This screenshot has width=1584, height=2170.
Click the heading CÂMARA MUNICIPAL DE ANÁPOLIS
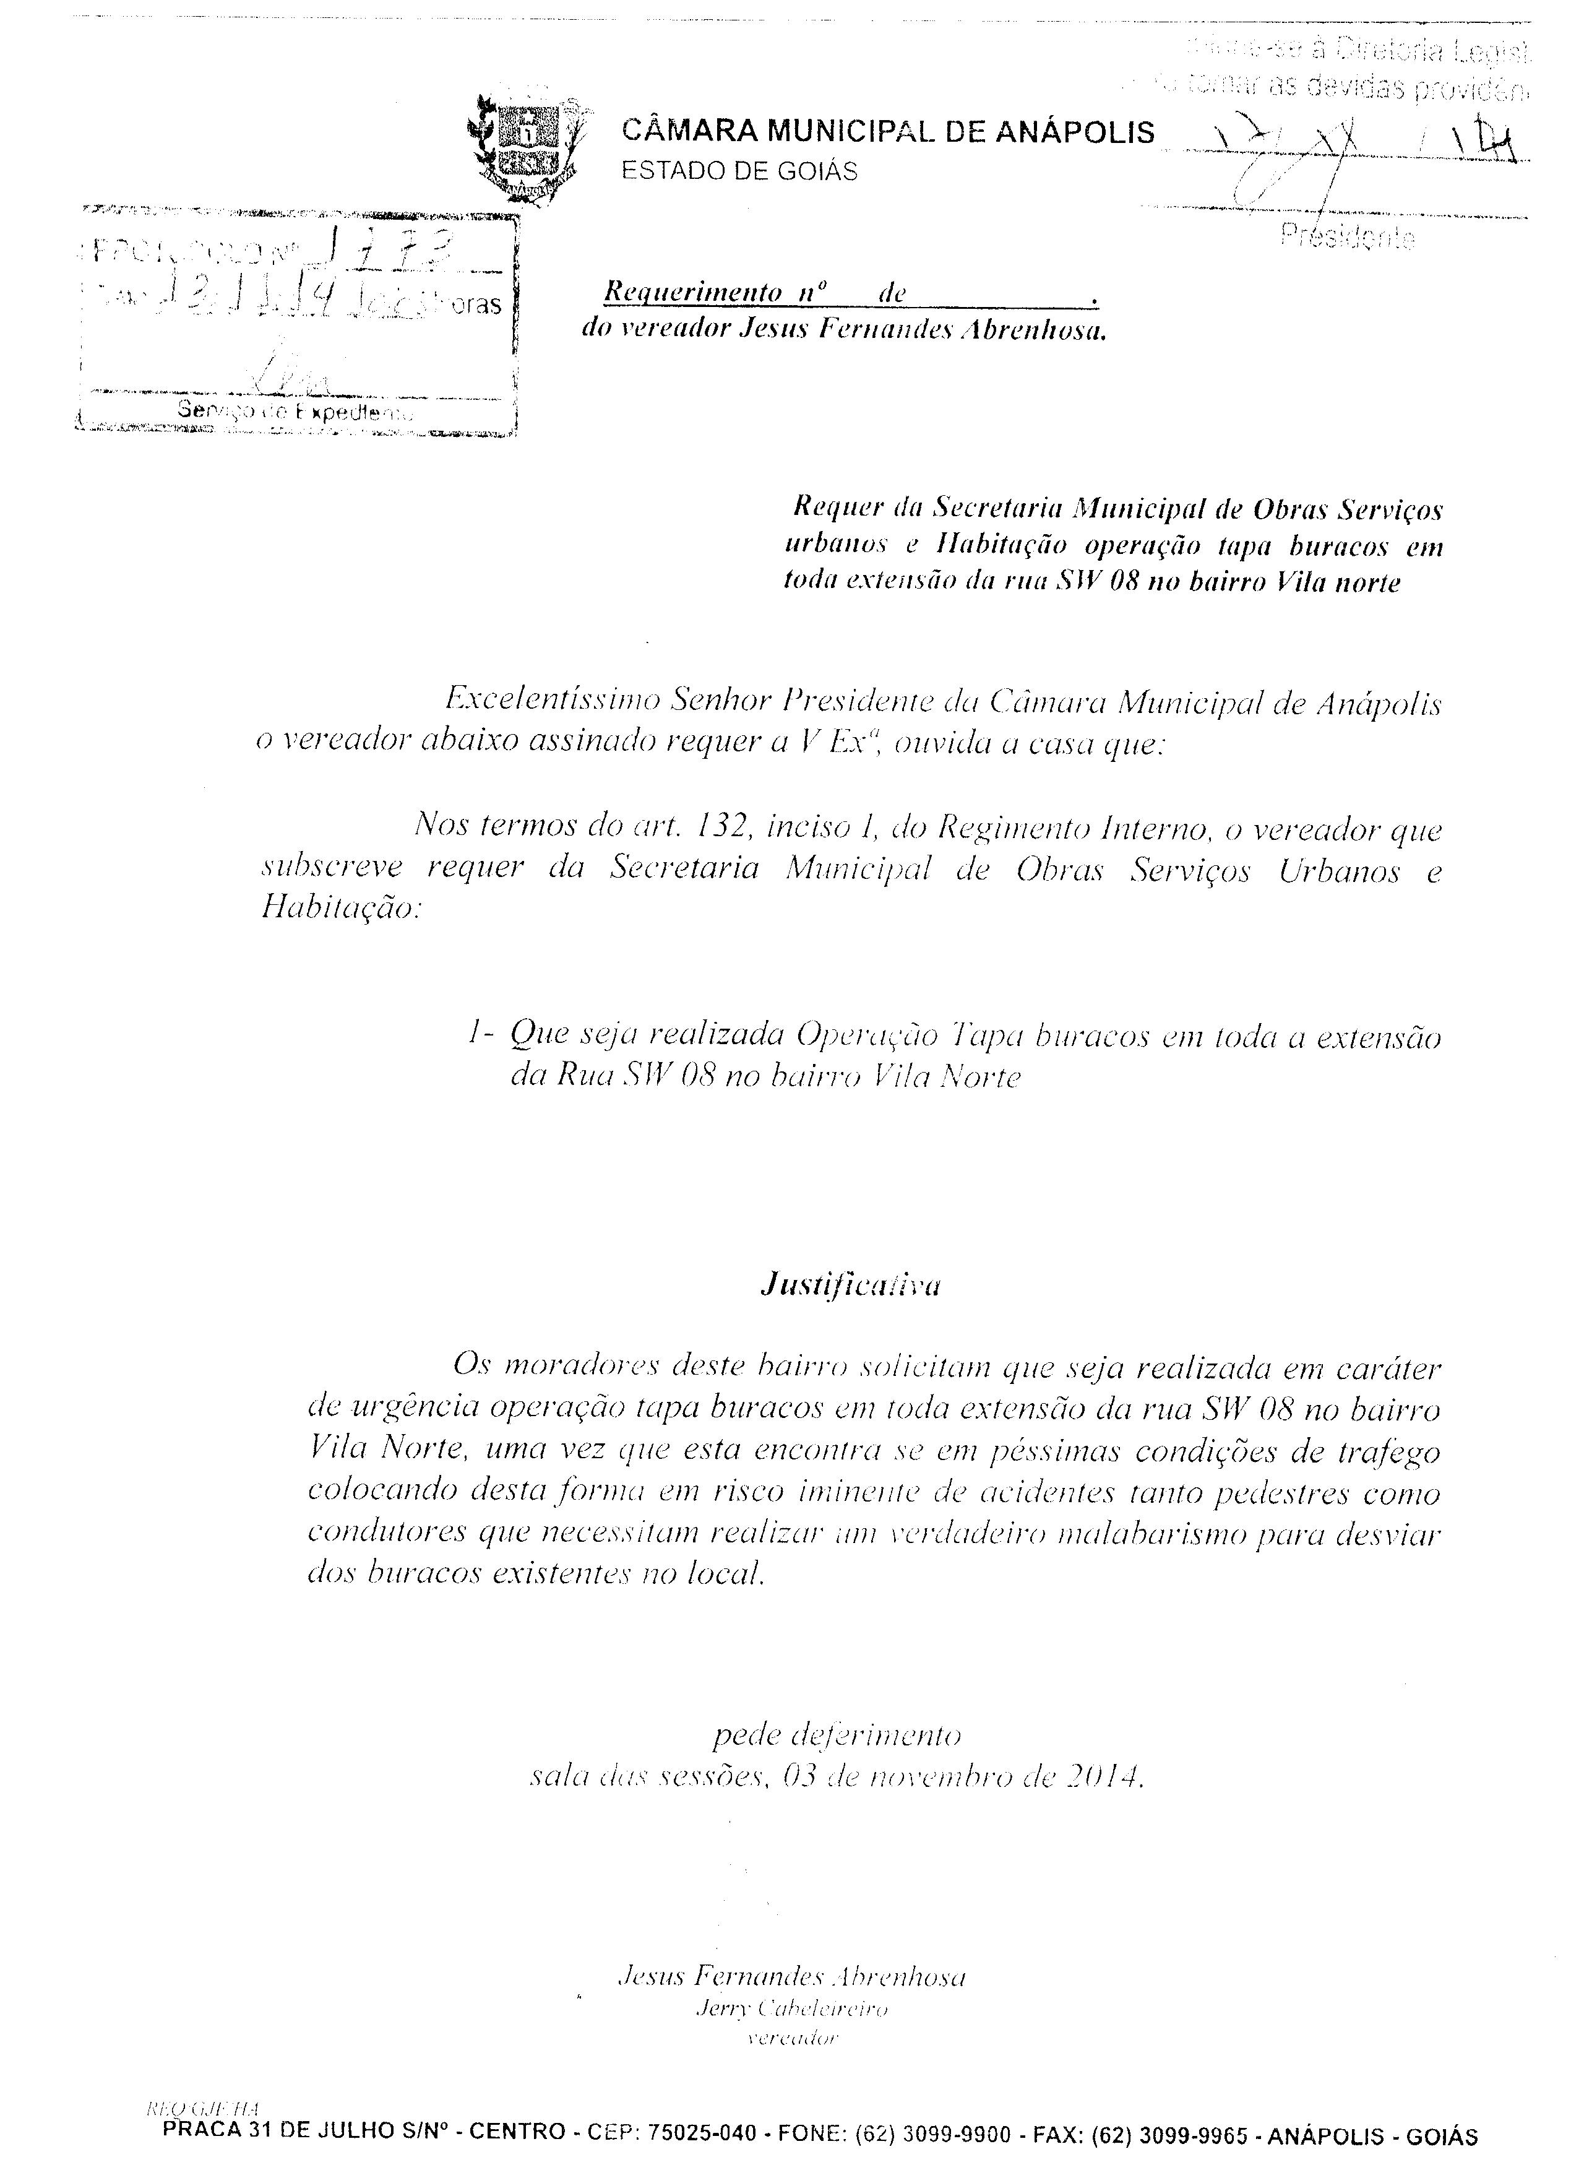point(888,131)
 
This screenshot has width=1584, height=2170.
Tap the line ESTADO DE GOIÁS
point(739,171)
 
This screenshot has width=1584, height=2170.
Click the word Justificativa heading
point(850,1285)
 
